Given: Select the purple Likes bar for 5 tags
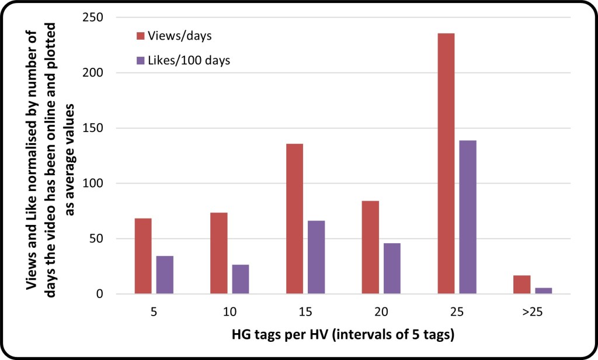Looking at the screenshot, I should pyautogui.click(x=165, y=275).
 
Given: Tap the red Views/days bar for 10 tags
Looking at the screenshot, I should pyautogui.click(x=218, y=253).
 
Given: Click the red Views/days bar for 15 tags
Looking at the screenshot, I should pyautogui.click(x=294, y=219).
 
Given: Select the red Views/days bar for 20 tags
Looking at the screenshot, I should pyautogui.click(x=370, y=247).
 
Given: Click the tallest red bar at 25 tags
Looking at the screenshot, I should pyautogui.click(x=446, y=164).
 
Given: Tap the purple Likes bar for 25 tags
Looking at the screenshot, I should pyautogui.click(x=468, y=217).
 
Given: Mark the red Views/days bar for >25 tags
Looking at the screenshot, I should pyautogui.click(x=521, y=285).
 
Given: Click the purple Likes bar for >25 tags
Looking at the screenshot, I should pyautogui.click(x=543, y=290).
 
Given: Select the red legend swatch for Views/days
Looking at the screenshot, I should pyautogui.click(x=140, y=36).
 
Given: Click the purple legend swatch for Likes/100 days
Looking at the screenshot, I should pyautogui.click(x=140, y=60).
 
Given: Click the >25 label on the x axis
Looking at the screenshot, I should pyautogui.click(x=532, y=312).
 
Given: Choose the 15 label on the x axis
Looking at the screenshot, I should pyautogui.click(x=305, y=312).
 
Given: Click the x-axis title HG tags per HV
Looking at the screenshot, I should pyautogui.click(x=327, y=335).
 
